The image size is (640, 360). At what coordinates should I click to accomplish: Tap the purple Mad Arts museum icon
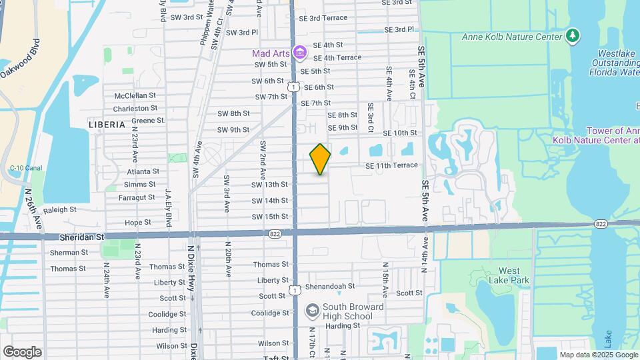pos(300,52)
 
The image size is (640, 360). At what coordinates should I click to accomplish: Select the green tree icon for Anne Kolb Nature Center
pos(572,36)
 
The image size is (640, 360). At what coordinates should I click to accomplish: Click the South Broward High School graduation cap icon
pos(311,311)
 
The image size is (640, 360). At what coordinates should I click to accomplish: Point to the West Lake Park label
pos(514,275)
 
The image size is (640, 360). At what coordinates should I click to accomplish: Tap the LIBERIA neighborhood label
pos(107,125)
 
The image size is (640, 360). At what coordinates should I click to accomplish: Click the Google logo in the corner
pos(22,351)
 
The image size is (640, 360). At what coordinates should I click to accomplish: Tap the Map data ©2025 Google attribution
pos(598,355)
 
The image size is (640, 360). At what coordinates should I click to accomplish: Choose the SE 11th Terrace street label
pos(391,165)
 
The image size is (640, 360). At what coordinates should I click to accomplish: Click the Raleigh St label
pos(61,209)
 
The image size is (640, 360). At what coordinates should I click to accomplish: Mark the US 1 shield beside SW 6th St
pos(293,86)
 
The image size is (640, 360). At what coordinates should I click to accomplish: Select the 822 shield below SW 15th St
pos(275,234)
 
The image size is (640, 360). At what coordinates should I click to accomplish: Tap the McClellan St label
pos(135,95)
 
